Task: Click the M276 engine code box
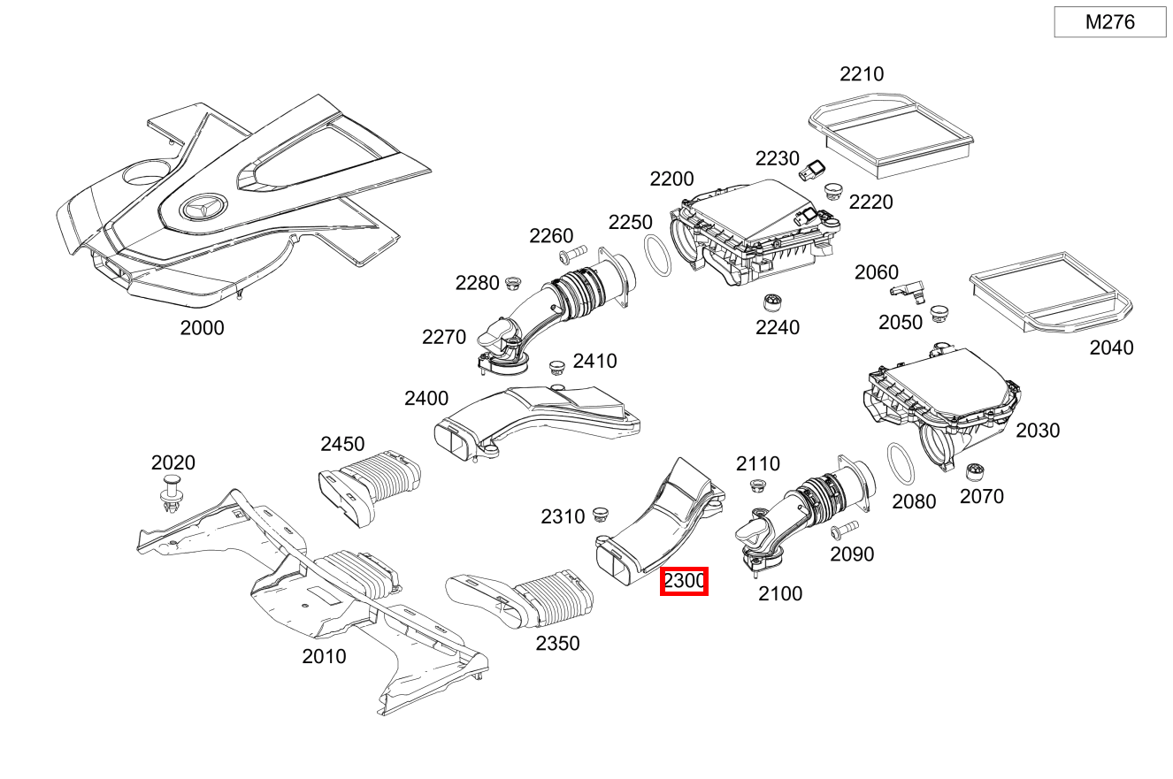pyautogui.click(x=1109, y=22)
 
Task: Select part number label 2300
pyautogui.click(x=684, y=581)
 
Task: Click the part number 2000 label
pyautogui.click(x=202, y=328)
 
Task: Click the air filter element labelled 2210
pyautogui.click(x=892, y=130)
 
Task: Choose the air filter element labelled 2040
pyautogui.click(x=1050, y=291)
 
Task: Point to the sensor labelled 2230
pyautogui.click(x=815, y=169)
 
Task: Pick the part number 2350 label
pyautogui.click(x=557, y=644)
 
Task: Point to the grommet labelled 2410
pyautogui.click(x=556, y=366)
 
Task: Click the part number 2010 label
pyautogui.click(x=324, y=657)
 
